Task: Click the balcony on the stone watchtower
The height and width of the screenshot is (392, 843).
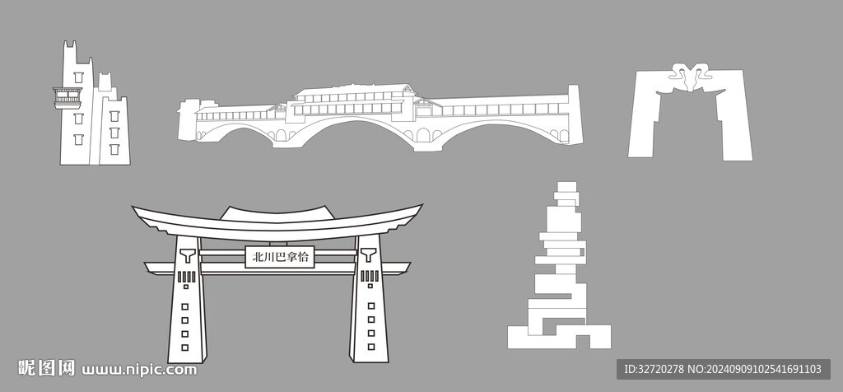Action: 68,98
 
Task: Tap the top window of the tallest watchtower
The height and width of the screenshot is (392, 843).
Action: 78,77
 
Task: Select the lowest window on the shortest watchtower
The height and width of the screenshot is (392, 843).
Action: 114,149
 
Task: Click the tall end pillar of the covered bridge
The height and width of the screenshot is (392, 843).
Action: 575,114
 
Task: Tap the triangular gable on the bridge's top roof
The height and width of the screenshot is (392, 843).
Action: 408,89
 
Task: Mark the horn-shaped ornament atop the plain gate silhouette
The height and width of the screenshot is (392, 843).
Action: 691,77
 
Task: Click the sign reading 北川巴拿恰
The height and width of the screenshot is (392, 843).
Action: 280,257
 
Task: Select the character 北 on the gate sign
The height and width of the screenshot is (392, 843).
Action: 258,257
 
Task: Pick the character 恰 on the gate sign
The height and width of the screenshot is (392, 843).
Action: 303,257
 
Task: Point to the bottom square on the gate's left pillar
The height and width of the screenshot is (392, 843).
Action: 185,348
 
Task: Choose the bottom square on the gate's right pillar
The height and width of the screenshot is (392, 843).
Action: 371,347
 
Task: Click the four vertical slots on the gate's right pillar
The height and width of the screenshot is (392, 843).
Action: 370,276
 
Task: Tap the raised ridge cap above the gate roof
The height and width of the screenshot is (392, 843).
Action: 274,213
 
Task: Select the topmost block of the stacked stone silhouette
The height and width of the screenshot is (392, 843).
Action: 567,187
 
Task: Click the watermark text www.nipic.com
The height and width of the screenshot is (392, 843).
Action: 139,370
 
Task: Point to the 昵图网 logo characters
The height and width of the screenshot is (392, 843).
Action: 46,368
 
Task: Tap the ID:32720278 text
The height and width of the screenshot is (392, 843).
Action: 654,370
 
